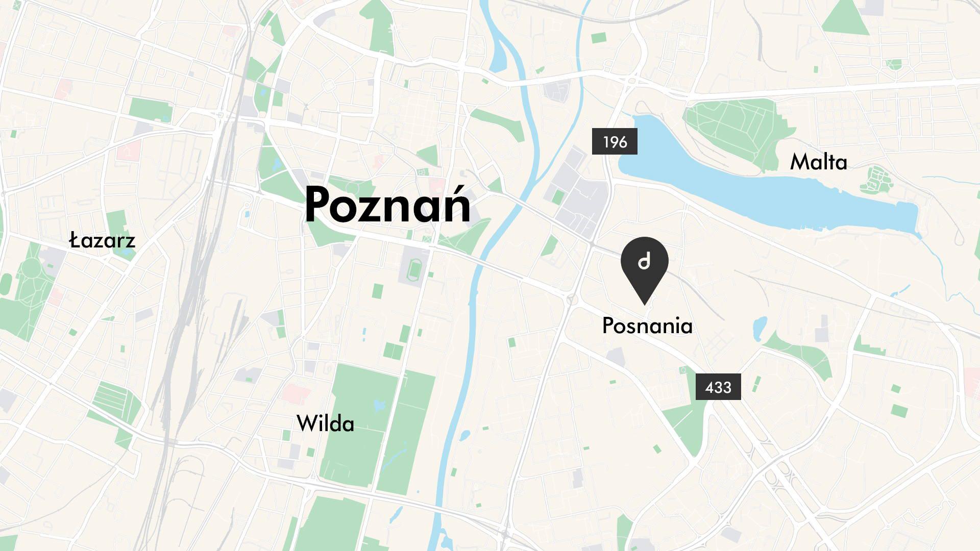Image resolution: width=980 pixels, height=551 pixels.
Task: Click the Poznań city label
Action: tap(387, 206)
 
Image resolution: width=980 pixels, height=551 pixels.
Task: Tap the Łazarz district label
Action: tap(102, 240)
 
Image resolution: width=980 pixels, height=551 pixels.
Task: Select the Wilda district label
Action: tap(325, 424)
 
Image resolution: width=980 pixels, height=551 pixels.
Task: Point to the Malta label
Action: tap(818, 162)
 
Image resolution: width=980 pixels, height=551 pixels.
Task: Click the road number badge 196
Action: tap(615, 142)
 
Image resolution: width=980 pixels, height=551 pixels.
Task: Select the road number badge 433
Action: tap(718, 387)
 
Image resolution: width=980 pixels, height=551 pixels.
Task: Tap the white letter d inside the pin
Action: tap(644, 262)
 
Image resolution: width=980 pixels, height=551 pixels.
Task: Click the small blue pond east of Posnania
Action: tap(759, 327)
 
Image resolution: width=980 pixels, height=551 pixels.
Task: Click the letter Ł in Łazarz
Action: tap(75, 240)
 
